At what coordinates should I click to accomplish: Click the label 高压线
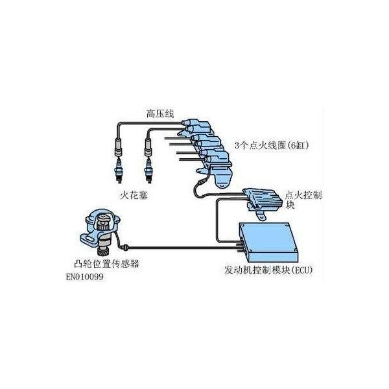159,114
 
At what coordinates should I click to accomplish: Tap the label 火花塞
134,195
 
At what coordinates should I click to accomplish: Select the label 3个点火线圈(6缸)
272,145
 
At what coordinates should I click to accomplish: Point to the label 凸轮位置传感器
107,264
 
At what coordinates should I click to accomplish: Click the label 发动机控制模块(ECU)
268,270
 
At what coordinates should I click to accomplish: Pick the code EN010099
84,277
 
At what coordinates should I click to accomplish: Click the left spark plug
119,171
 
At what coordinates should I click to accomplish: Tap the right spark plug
148,171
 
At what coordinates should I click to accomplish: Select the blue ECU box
268,242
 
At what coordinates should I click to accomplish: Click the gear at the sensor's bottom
103,253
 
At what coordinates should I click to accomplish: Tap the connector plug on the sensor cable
126,247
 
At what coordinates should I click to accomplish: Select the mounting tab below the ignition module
261,215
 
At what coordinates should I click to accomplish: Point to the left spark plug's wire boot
119,147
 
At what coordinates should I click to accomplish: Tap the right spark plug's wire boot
148,147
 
